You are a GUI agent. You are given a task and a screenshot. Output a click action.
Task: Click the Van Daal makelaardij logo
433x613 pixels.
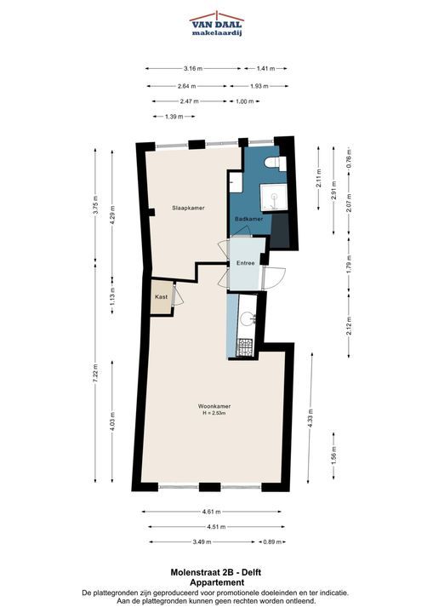coord(217,24)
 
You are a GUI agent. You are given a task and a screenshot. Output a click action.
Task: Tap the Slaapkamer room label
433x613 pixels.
coord(188,208)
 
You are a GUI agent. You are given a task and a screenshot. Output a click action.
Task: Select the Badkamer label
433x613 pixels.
coord(248,219)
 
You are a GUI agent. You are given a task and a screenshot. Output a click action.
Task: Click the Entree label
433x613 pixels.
coord(245,263)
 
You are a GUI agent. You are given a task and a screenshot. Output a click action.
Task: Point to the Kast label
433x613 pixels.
coord(162,297)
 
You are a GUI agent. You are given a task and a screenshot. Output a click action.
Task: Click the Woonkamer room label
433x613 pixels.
coord(214,406)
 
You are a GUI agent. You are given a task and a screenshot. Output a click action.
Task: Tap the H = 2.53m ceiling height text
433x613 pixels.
coord(214,413)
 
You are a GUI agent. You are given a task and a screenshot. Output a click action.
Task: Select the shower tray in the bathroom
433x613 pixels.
coord(274,198)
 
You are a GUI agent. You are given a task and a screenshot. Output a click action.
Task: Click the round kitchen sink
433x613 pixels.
coord(248,318)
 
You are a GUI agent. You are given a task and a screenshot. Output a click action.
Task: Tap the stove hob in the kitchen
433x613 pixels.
coord(245,347)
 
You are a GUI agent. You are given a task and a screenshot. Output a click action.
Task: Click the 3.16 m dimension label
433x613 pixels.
coord(193,68)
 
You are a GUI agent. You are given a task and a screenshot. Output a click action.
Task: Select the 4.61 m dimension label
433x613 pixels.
coord(212,512)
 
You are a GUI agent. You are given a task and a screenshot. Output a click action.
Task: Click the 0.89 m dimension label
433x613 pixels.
coord(272,541)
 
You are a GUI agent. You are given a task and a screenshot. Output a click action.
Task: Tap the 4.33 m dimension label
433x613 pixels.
coord(311,419)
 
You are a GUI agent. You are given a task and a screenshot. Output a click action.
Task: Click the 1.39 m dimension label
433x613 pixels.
coord(174,117)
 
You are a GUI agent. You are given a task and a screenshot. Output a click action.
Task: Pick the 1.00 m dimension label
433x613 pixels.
coord(244,101)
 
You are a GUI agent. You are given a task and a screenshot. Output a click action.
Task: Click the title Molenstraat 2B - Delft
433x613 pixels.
coord(216,572)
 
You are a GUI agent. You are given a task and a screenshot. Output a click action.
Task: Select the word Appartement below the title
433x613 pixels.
coord(216,582)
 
